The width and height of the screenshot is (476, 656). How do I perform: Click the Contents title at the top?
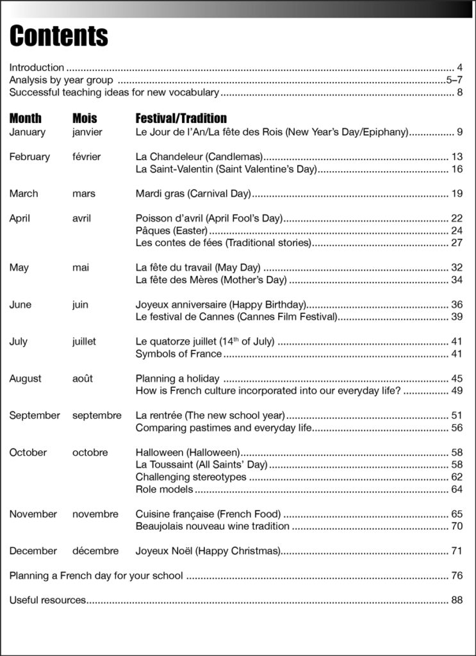[x=58, y=36]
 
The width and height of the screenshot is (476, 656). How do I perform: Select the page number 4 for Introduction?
[x=460, y=67]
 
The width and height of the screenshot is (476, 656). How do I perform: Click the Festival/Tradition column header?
[x=181, y=119]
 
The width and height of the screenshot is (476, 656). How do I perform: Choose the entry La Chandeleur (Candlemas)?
[x=199, y=157]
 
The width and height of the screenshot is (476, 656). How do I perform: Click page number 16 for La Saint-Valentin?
[x=457, y=169]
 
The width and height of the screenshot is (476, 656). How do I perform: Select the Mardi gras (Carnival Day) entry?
[x=193, y=193]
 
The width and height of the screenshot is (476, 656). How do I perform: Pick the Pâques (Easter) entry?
[x=172, y=231]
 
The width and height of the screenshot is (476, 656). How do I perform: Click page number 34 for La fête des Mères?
[x=457, y=280]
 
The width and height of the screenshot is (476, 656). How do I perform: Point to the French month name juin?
[x=80, y=305]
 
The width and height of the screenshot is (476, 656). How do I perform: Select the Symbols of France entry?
[x=179, y=354]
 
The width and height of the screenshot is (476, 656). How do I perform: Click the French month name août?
[x=83, y=379]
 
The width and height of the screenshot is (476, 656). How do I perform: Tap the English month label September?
[x=35, y=416]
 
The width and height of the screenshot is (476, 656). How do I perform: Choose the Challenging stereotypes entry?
[x=191, y=477]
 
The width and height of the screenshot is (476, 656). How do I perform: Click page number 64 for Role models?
[x=457, y=489]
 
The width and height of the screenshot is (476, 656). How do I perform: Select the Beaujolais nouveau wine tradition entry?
[x=213, y=527]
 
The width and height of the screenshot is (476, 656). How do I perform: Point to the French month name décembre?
[x=95, y=551]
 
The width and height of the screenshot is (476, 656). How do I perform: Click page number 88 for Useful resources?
[x=457, y=600]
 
